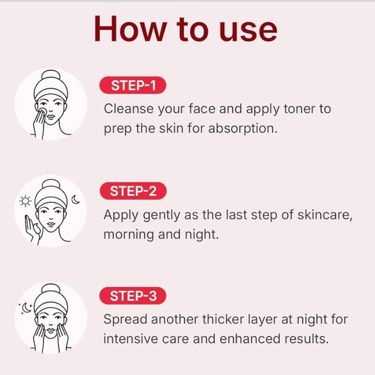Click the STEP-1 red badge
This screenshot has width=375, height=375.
click(x=133, y=85)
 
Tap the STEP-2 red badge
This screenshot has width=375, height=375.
click(x=133, y=191)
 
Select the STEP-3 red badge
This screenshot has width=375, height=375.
click(x=133, y=295)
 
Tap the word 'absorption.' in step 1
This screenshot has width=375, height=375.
click(x=243, y=129)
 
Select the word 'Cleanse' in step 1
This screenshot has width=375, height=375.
click(x=129, y=109)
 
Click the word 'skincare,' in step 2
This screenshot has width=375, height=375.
click(x=325, y=215)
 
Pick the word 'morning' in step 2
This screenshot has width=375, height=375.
click(x=128, y=235)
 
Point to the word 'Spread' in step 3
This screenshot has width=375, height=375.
click(x=124, y=319)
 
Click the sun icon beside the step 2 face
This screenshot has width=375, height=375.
click(x=25, y=201)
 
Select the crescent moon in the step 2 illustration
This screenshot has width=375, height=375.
click(x=76, y=200)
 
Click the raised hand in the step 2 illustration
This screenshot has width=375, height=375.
click(x=32, y=229)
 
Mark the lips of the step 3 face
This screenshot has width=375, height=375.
click(x=51, y=330)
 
